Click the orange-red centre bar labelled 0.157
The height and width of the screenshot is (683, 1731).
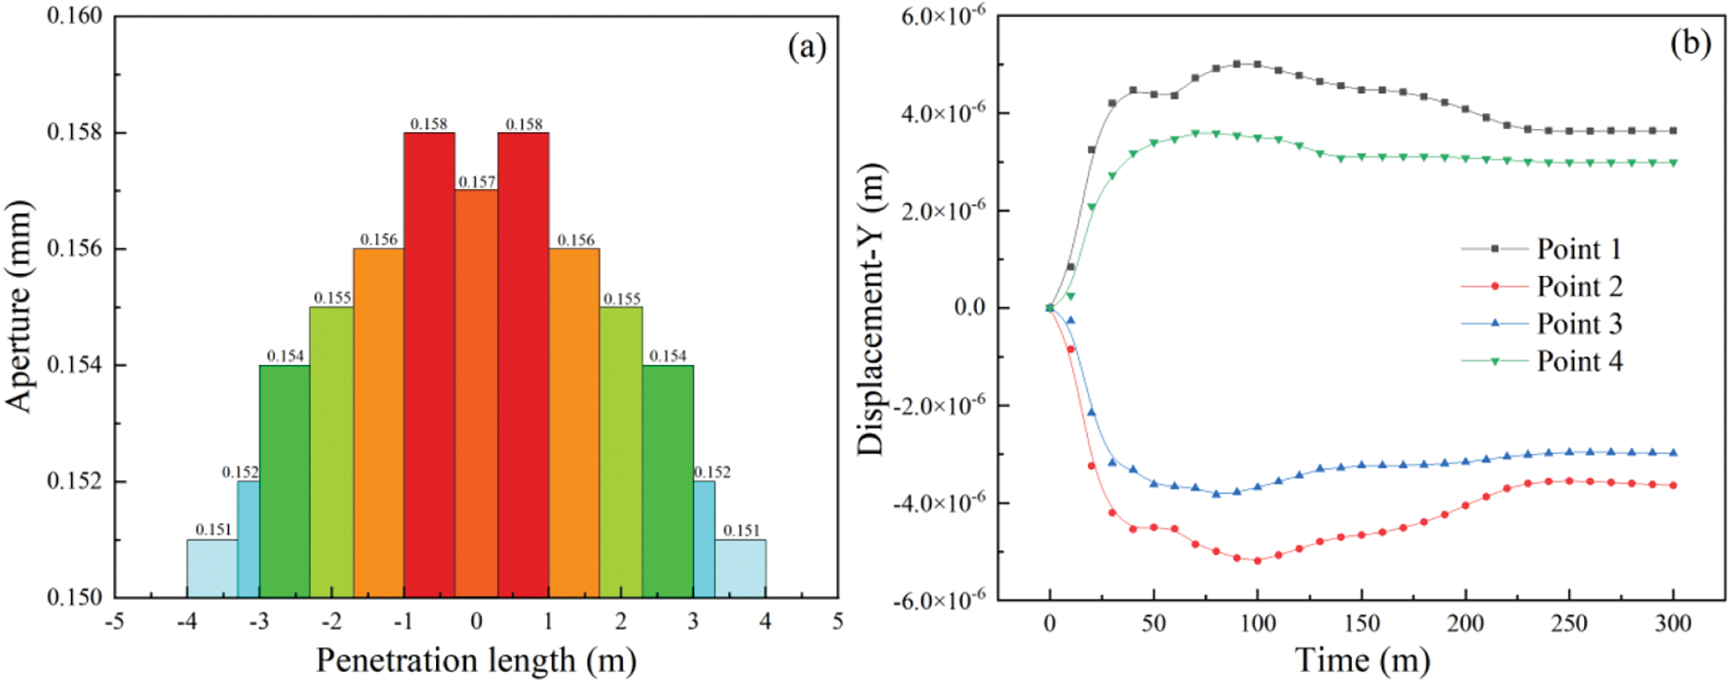476,393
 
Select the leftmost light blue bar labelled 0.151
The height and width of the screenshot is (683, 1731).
212,568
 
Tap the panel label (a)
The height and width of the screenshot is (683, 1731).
807,46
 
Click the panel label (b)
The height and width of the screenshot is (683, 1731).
1690,43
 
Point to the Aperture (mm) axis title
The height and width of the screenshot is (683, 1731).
19,306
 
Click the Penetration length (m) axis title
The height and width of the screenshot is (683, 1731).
476,660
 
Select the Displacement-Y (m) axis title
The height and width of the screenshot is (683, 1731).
871,309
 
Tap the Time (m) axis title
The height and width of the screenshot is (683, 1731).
1362,660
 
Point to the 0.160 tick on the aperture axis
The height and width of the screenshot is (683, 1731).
75,17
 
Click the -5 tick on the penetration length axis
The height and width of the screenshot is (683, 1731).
114,621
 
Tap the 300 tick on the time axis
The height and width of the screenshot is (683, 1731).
1673,623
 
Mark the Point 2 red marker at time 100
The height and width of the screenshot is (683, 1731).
1258,560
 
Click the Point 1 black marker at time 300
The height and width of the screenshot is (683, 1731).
1673,131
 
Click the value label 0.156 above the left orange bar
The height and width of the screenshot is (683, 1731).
379,240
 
